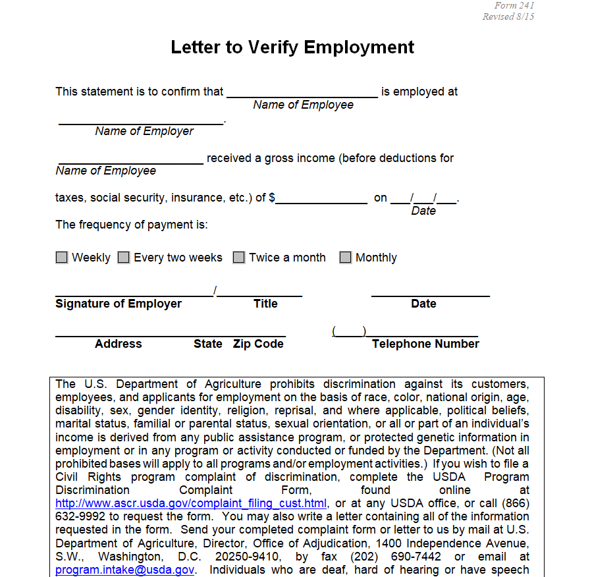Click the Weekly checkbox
point(62,258)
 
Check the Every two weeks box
point(124,258)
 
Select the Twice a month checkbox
point(239,258)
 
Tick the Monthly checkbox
point(346,258)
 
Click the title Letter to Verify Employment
point(292,47)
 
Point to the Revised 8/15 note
point(508,16)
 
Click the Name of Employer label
point(144,131)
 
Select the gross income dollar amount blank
point(321,199)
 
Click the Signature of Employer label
point(119,304)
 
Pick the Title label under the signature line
point(265,304)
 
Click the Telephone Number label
point(425,344)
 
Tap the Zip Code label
point(258,344)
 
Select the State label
point(208,344)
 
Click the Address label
point(119,344)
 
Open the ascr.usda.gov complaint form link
point(191,504)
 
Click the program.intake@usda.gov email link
point(125,570)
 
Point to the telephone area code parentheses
point(350,331)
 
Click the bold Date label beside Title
point(423,304)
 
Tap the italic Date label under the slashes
point(423,211)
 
